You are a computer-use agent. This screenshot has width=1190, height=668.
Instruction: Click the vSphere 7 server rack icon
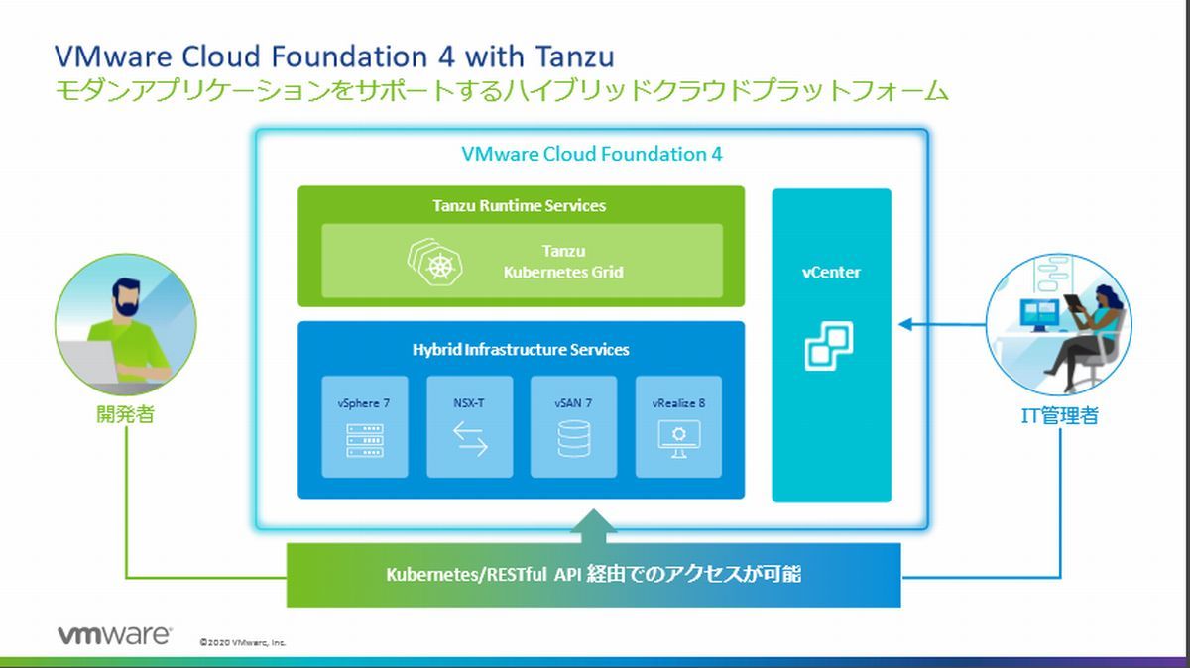click(365, 440)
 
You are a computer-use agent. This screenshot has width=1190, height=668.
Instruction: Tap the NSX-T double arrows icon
click(470, 439)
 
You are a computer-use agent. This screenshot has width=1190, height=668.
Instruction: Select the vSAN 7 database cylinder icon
click(574, 439)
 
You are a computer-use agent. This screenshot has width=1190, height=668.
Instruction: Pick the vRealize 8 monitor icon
click(678, 439)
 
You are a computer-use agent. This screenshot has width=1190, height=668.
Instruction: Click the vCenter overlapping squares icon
click(829, 346)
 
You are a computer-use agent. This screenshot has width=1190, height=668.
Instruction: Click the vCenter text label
click(831, 272)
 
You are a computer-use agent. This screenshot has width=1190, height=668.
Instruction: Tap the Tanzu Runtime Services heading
click(519, 205)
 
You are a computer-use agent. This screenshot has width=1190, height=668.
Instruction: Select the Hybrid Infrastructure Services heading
click(521, 350)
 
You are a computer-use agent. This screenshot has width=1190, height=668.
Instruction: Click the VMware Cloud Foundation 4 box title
click(592, 154)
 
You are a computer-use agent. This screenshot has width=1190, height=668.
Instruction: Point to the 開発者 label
click(125, 414)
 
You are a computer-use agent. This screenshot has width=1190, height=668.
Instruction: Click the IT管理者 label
click(1059, 416)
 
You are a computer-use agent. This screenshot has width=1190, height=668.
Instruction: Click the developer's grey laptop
click(87, 363)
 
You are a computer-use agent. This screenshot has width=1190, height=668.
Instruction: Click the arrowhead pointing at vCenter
click(905, 324)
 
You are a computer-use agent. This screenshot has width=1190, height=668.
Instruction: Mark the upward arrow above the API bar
click(593, 526)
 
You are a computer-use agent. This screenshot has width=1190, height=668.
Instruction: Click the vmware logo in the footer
click(114, 635)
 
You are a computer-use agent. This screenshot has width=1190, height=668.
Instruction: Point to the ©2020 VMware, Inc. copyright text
click(243, 642)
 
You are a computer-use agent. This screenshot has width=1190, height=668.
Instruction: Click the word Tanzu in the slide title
click(575, 56)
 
